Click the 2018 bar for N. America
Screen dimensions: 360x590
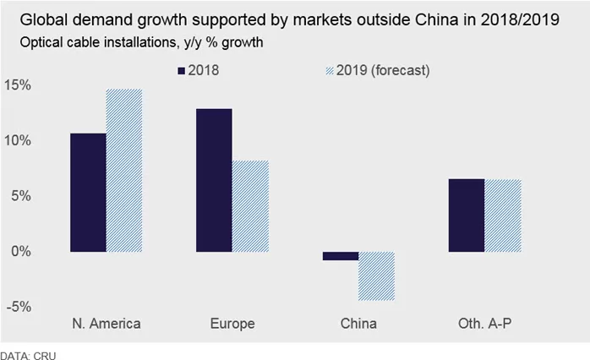pyautogui.click(x=88, y=193)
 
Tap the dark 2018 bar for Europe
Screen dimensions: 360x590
pyautogui.click(x=214, y=180)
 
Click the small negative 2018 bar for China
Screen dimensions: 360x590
pyautogui.click(x=340, y=255)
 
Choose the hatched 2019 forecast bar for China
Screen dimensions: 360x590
pyautogui.click(x=376, y=276)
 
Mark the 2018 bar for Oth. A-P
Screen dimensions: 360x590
pyautogui.click(x=466, y=215)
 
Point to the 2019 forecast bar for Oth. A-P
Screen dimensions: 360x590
pyautogui.click(x=502, y=215)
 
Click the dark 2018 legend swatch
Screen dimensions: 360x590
pyautogui.click(x=183, y=70)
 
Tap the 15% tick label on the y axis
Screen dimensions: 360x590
pyautogui.click(x=19, y=85)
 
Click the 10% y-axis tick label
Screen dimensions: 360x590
pyautogui.click(x=19, y=140)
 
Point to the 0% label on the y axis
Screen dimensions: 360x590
pyautogui.click(x=22, y=252)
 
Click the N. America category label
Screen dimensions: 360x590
pyautogui.click(x=107, y=324)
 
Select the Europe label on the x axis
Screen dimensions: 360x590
pyautogui.click(x=232, y=324)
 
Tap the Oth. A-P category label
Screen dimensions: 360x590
pyautogui.click(x=483, y=324)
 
